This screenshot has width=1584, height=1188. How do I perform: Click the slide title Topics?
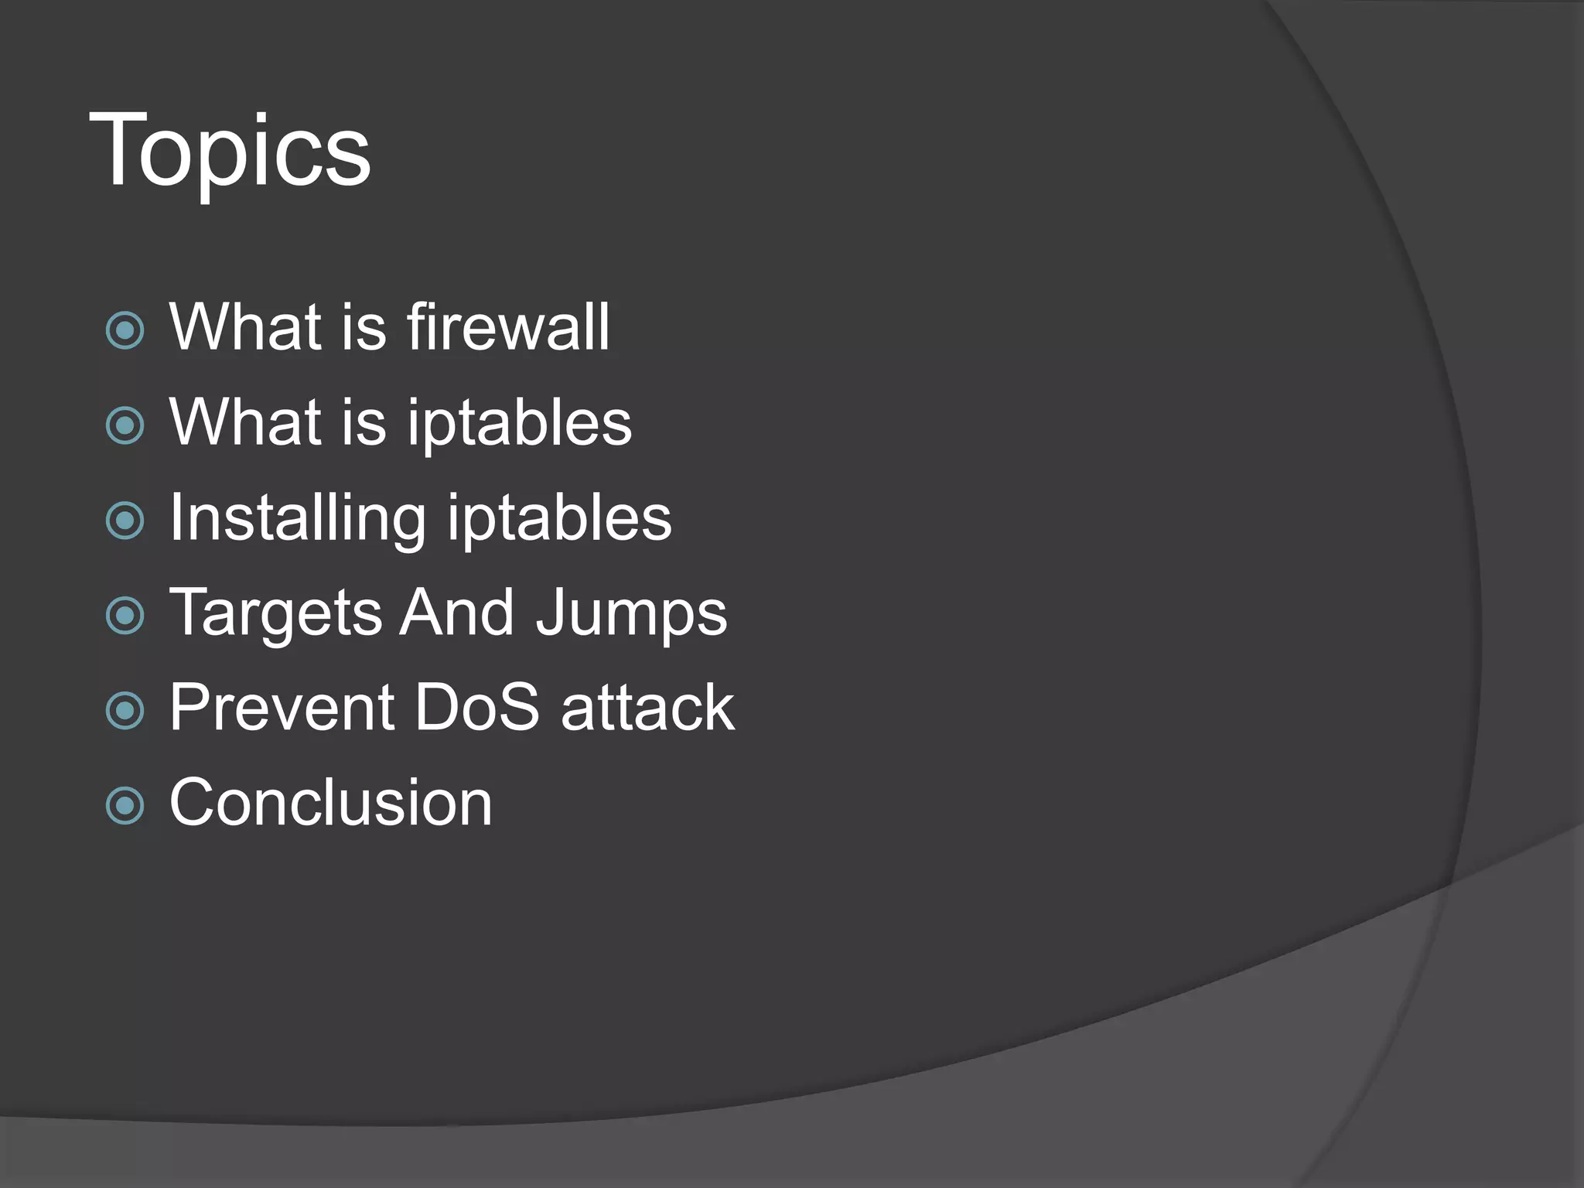click(x=230, y=151)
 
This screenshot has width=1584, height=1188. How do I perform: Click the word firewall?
click(x=508, y=327)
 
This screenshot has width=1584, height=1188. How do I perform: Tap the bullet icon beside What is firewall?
click(x=125, y=331)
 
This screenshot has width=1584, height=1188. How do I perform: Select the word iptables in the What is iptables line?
click(x=520, y=424)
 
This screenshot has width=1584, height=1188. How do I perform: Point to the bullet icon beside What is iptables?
click(x=125, y=425)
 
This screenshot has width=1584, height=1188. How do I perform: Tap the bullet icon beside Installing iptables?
click(x=125, y=521)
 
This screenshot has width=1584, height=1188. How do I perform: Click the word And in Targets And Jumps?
click(x=457, y=613)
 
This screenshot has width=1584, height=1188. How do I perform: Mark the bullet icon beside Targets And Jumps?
click(x=125, y=616)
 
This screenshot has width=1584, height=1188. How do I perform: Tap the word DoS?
click(x=477, y=708)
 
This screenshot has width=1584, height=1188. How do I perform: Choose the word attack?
click(x=648, y=708)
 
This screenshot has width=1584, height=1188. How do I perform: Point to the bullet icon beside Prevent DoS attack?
click(x=125, y=711)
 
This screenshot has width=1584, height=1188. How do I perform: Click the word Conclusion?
click(x=331, y=803)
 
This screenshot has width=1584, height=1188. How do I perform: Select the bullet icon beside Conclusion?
click(x=125, y=806)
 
